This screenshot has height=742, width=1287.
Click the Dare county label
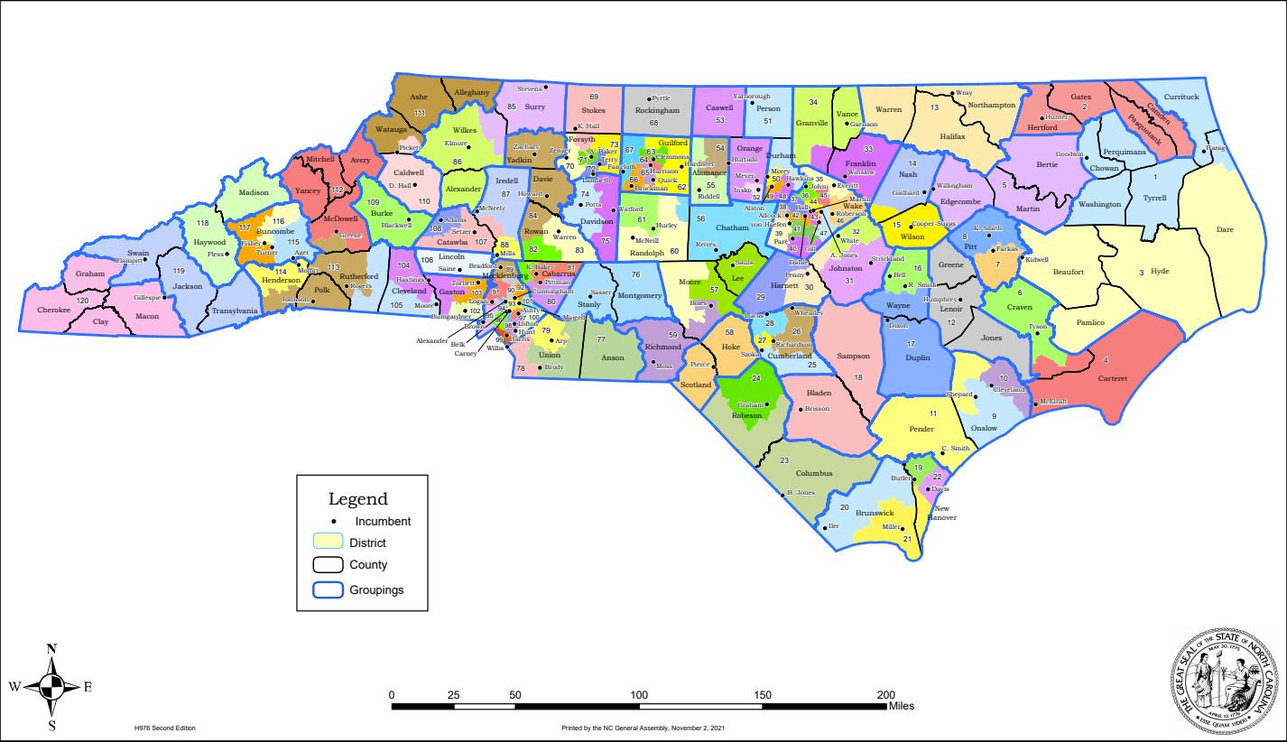tap(1224, 230)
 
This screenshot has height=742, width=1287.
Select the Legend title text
tap(357, 499)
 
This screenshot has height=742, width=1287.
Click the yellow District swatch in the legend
tap(327, 542)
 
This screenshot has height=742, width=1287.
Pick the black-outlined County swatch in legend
tap(327, 565)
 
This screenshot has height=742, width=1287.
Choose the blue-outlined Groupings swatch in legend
tap(327, 589)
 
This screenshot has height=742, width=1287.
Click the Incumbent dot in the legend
tap(333, 521)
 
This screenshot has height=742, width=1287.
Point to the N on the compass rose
tap(51, 648)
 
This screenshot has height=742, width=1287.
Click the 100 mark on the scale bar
tap(639, 694)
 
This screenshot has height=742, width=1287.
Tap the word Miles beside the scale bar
tap(901, 706)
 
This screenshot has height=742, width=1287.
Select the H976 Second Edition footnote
tap(164, 728)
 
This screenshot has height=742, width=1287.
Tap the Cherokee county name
tap(53, 310)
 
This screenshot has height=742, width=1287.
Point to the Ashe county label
tap(419, 97)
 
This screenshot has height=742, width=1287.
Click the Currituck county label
tap(1181, 97)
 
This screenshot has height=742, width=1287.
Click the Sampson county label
tap(853, 357)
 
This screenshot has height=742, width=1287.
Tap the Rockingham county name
tap(656, 110)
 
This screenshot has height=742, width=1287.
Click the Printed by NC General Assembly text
tap(643, 728)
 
